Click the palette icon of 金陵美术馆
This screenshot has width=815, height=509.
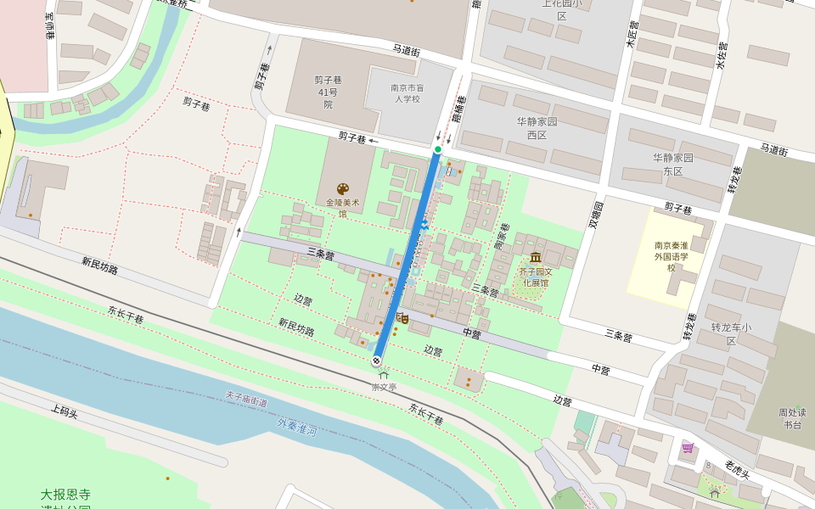(x=343, y=189)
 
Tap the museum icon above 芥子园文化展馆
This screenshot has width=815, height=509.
(x=536, y=257)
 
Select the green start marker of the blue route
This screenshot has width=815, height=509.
(x=438, y=150)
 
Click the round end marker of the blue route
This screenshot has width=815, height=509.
(x=376, y=361)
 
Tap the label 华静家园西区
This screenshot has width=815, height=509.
(x=537, y=128)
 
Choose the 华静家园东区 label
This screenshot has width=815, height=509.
(x=673, y=165)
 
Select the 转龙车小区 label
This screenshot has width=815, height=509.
(x=731, y=334)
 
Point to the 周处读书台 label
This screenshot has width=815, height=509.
(x=790, y=418)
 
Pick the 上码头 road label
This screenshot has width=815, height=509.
(x=64, y=411)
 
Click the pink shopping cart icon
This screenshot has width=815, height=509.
(x=687, y=447)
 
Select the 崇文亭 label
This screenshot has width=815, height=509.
(x=384, y=387)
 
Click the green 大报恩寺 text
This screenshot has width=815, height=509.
(x=65, y=495)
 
